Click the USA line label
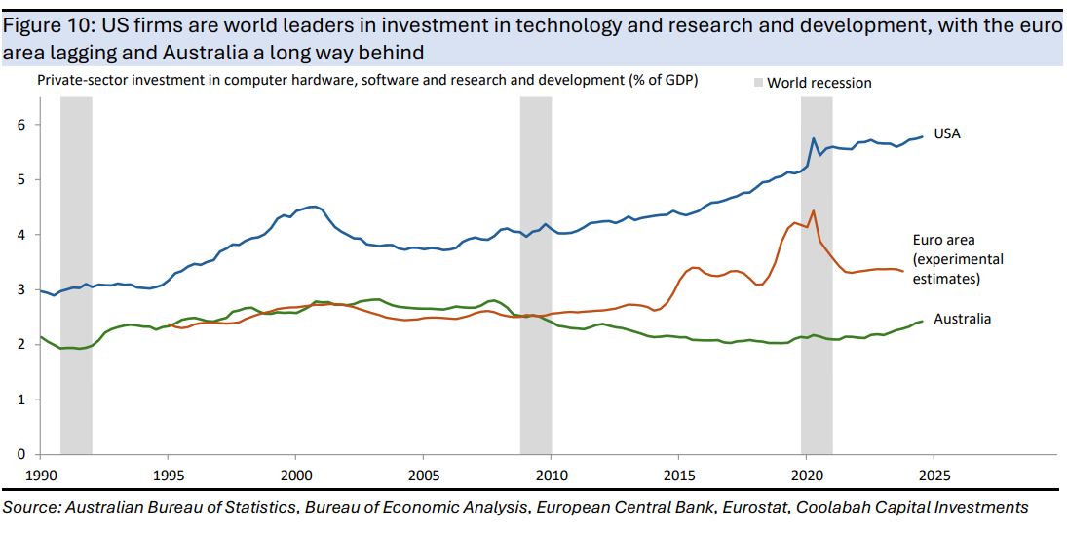pos(946,133)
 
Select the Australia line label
pos(962,319)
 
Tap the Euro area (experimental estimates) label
pos(957,259)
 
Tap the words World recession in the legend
pos(819,83)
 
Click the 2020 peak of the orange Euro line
pos(813,210)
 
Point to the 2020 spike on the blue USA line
pos(814,138)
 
